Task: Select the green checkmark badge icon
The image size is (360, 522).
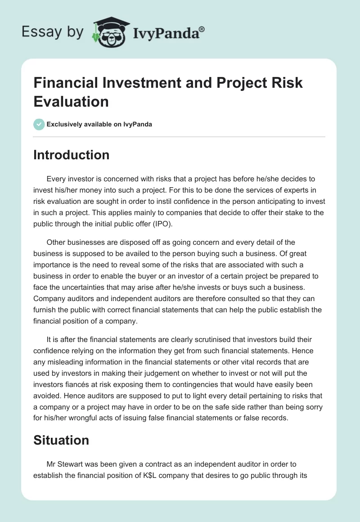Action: pyautogui.click(x=39, y=124)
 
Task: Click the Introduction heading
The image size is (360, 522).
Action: pyautogui.click(x=72, y=155)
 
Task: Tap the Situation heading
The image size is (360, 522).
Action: pyautogui.click(x=61, y=440)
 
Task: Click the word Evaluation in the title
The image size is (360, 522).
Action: pyautogui.click(x=71, y=101)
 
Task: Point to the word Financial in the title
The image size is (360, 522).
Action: pyautogui.click(x=69, y=83)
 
